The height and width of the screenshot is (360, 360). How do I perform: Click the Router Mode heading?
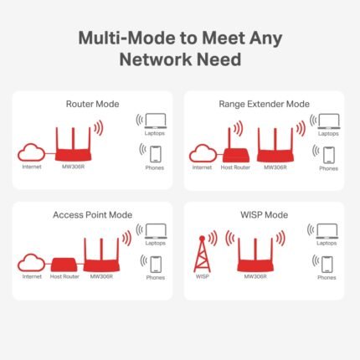pos(92,104)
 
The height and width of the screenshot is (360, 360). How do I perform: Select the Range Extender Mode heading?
pos(265,104)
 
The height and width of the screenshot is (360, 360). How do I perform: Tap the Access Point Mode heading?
pos(92,214)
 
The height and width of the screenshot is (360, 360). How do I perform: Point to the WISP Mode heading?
pos(265,214)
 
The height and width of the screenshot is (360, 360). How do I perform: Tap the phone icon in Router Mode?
pos(153,153)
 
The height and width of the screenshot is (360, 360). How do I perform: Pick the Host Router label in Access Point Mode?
pos(64,276)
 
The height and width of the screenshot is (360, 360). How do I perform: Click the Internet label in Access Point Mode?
pos(32,276)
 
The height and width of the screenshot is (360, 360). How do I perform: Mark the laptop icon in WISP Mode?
pos(327,230)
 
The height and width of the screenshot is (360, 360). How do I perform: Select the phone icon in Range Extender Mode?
pos(327,153)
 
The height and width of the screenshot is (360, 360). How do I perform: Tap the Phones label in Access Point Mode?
pos(155,277)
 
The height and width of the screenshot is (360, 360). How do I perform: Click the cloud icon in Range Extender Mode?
pos(202,152)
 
